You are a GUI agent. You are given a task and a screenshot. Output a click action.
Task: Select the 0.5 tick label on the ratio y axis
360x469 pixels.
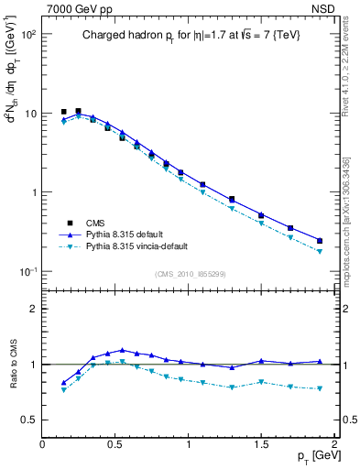pos(30,420)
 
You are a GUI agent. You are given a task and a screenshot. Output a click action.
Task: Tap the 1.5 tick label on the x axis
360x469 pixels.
pos(262,444)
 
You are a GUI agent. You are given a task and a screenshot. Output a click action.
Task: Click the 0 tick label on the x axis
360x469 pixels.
pos(42,444)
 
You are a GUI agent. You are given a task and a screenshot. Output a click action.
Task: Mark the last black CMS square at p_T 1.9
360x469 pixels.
pos(320,241)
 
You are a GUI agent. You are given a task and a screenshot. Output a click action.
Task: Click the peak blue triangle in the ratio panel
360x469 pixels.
pos(123,350)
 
